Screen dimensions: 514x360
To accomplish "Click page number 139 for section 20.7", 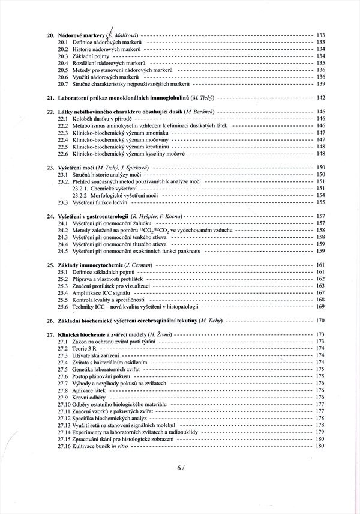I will pyautogui.click(x=320, y=83).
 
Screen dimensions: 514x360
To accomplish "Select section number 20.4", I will pyautogui.click(x=63, y=63).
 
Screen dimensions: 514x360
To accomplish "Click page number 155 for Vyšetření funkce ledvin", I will pyautogui.click(x=320, y=202).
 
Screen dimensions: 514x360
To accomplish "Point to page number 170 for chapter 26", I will pyautogui.click(x=320, y=320).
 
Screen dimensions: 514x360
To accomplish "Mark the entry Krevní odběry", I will pyautogui.click(x=91, y=397).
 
